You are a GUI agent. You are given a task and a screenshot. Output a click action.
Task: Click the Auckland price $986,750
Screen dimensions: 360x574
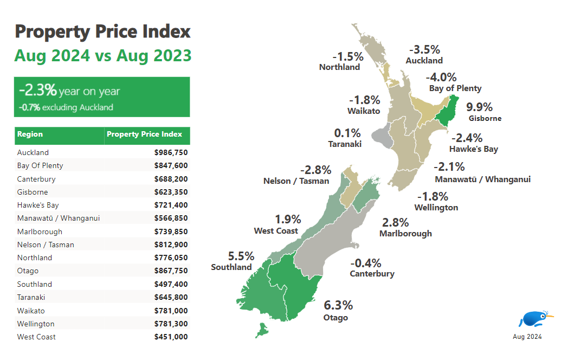(171, 153)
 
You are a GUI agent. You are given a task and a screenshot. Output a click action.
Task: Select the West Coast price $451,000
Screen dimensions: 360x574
(171, 337)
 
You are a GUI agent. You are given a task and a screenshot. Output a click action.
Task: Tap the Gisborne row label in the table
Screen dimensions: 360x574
(33, 192)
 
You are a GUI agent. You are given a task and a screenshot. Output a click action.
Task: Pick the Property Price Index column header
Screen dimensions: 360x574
(145, 134)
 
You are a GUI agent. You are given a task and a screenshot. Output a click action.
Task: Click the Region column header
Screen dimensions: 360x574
(30, 134)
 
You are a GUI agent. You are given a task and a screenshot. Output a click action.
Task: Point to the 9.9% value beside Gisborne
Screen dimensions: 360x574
(479, 107)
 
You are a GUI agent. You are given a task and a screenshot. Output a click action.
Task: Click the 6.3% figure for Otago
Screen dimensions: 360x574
(338, 305)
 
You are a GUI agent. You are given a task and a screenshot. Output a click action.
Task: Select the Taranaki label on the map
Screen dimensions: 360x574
(344, 144)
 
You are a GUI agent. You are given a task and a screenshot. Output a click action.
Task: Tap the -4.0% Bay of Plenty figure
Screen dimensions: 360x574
(441, 77)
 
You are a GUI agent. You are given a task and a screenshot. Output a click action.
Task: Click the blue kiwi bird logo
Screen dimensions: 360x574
(533, 319)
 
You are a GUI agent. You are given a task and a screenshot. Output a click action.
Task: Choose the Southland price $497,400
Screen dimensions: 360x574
(171, 285)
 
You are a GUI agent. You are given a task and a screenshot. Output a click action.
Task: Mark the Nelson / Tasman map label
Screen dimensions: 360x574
(296, 181)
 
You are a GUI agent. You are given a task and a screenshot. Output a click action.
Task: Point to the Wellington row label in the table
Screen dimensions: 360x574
(36, 324)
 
